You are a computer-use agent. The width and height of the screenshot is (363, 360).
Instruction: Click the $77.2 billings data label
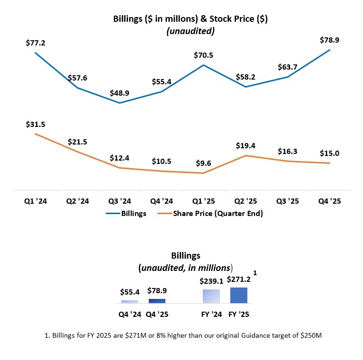pyautogui.click(x=35, y=43)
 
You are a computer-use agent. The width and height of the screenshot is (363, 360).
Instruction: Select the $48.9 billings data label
pyautogui.click(x=119, y=93)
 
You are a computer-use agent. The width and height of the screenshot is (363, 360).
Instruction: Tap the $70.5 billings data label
pyautogui.click(x=204, y=55)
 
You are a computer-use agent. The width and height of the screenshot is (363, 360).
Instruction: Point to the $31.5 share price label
pyautogui.click(x=35, y=125)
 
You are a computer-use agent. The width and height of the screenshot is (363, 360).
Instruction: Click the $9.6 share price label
pyautogui.click(x=204, y=164)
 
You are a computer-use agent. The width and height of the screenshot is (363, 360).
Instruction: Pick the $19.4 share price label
pyautogui.click(x=245, y=146)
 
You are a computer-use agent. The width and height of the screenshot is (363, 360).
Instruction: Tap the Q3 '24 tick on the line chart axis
pyautogui.click(x=119, y=201)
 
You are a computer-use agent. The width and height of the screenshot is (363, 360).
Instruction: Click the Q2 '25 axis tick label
pyautogui.click(x=245, y=201)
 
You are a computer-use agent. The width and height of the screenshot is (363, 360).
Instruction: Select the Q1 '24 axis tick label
pyautogui.click(x=35, y=201)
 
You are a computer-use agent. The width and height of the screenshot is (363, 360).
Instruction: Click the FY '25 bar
pyautogui.click(x=238, y=295)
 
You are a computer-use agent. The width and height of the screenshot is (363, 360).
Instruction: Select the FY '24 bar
pyautogui.click(x=211, y=296)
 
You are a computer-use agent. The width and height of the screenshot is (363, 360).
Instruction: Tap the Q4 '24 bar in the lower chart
pyautogui.click(x=130, y=301)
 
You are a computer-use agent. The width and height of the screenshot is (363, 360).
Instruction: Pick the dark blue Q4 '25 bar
pyautogui.click(x=157, y=301)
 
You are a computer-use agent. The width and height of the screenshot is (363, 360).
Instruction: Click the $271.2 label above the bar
pyautogui.click(x=238, y=279)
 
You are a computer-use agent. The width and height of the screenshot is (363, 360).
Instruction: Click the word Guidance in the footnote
pyautogui.click(x=262, y=335)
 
